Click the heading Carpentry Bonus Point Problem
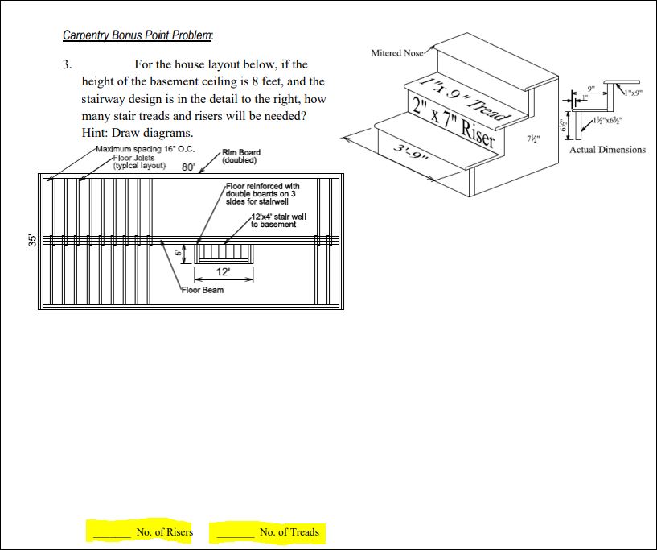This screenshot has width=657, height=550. pos(138,35)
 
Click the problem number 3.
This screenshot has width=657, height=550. pos(68,64)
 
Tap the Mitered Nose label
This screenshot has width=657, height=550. pos(396,53)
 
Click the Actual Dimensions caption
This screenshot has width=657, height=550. pos(607,150)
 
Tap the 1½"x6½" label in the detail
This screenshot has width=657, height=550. pos(611,120)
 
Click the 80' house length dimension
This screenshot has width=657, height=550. pos(189,167)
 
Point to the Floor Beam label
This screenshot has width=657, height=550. pos(203,290)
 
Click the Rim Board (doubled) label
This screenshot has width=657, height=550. pos(241,156)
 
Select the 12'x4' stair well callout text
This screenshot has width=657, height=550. pos(273,221)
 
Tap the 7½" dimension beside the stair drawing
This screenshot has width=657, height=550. pos(532,138)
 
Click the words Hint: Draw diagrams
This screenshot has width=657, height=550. pos(138,133)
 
